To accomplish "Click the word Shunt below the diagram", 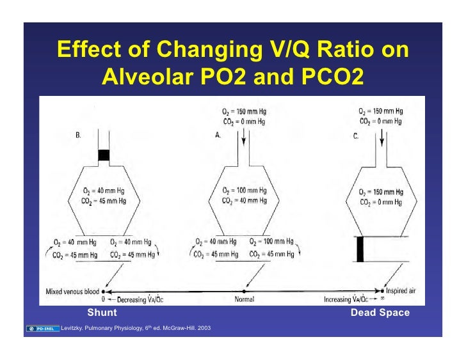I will [x=102, y=313].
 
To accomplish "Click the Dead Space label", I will [x=380, y=313].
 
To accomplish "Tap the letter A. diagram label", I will [x=218, y=136].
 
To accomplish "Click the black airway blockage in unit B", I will [x=103, y=155].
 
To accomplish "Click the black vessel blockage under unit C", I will [x=360, y=249].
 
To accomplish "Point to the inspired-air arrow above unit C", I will [x=382, y=136].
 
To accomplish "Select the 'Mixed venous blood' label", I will [x=71, y=292].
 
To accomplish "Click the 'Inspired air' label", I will [x=401, y=292].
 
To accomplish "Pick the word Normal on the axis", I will [x=244, y=299].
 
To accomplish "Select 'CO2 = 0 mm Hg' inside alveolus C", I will [x=382, y=202].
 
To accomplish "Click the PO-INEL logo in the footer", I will [x=44, y=329].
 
